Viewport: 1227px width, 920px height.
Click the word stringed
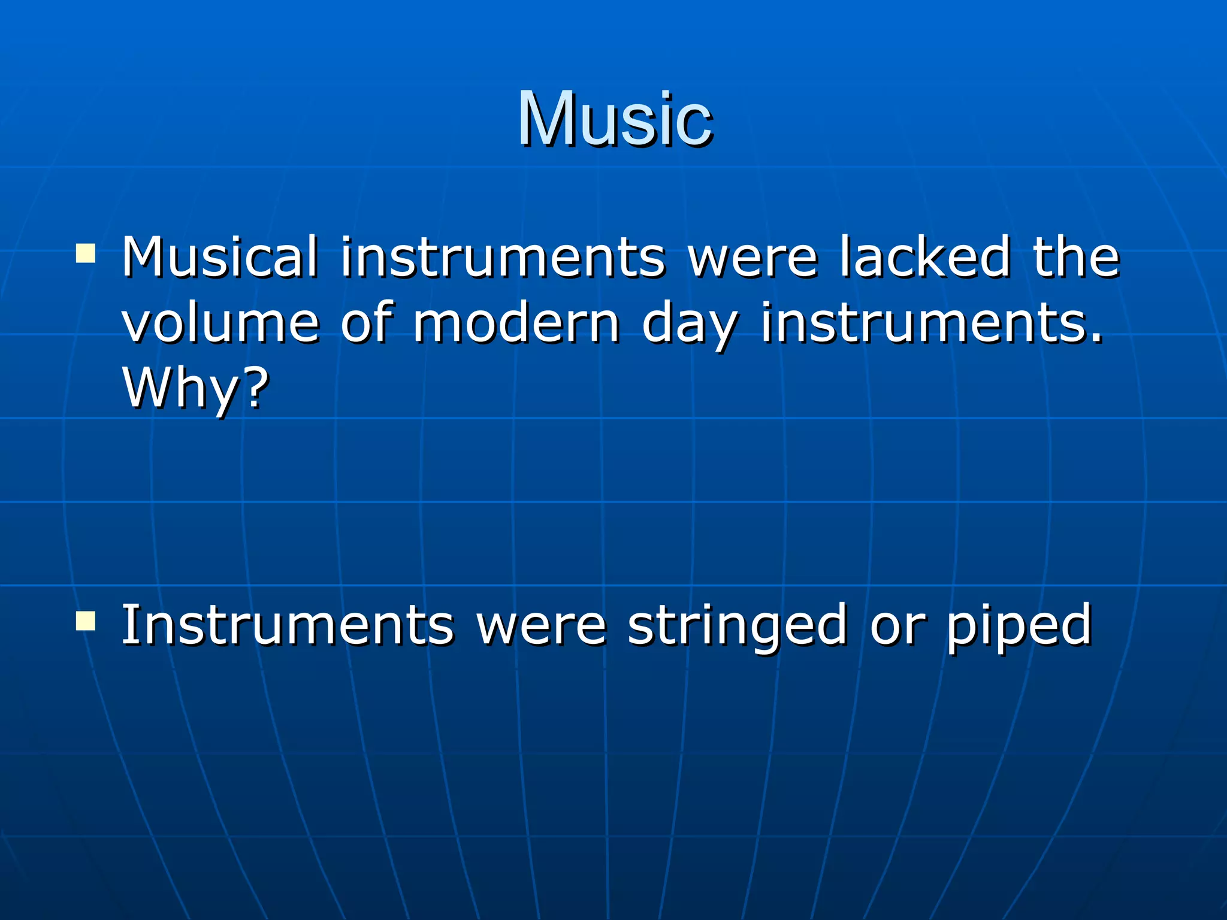[737, 626]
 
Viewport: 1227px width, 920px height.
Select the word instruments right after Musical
[503, 258]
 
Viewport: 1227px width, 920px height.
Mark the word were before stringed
[541, 626]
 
